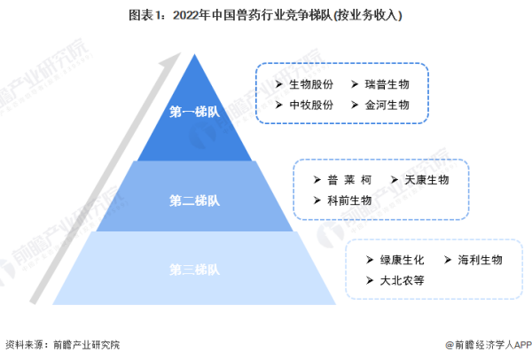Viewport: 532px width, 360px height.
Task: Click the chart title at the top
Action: pyautogui.click(x=265, y=16)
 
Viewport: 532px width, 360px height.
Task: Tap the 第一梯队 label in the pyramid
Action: pyautogui.click(x=195, y=112)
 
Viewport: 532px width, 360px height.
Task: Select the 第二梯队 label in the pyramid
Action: pyautogui.click(x=195, y=200)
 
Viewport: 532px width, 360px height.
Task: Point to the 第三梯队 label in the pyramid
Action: pyautogui.click(x=195, y=270)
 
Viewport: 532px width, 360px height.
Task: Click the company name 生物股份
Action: pyautogui.click(x=311, y=84)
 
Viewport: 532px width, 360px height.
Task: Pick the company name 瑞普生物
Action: pyautogui.click(x=387, y=84)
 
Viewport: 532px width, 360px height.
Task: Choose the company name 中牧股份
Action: pyautogui.click(x=311, y=105)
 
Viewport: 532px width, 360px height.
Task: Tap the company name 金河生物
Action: pyautogui.click(x=387, y=105)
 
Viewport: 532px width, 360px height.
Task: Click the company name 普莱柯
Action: pyautogui.click(x=349, y=180)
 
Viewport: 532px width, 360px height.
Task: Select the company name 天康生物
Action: pyautogui.click(x=426, y=180)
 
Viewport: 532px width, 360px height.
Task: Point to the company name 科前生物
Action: pyautogui.click(x=349, y=200)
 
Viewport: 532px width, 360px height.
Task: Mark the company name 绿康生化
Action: pyautogui.click(x=402, y=260)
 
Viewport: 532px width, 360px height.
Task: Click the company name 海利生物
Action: pyautogui.click(x=480, y=260)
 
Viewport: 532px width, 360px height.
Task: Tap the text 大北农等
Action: pyautogui.click(x=402, y=280)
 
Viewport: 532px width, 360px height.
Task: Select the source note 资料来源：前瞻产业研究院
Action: pyautogui.click(x=63, y=345)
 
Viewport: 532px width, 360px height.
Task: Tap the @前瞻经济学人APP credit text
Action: pyautogui.click(x=489, y=345)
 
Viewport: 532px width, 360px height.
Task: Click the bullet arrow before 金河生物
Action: pyautogui.click(x=355, y=105)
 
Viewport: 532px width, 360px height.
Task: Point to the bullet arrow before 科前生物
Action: pyautogui.click(x=317, y=200)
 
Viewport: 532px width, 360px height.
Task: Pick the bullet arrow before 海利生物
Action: pyautogui.click(x=448, y=260)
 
